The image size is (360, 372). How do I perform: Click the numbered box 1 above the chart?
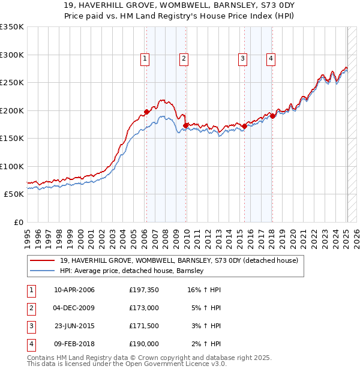(x=146, y=58)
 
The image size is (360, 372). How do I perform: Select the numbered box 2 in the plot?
(x=183, y=58)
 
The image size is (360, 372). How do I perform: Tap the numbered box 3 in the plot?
(x=242, y=58)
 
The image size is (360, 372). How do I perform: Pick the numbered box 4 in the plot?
(x=271, y=58)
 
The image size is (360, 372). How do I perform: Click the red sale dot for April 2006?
(x=146, y=112)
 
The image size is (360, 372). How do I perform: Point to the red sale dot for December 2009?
(x=185, y=125)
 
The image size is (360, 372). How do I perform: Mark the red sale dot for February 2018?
(x=272, y=116)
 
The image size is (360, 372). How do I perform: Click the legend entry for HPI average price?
(x=132, y=271)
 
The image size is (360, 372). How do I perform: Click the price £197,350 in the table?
(x=144, y=290)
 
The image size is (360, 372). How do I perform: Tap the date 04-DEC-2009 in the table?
(x=74, y=308)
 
